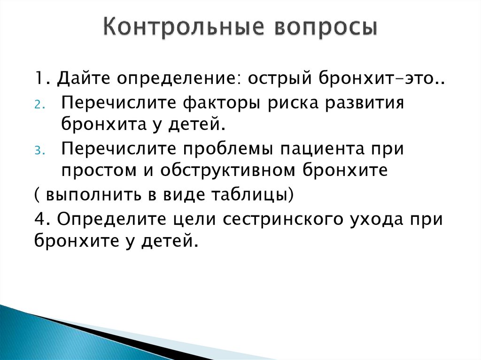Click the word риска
(310, 102)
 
